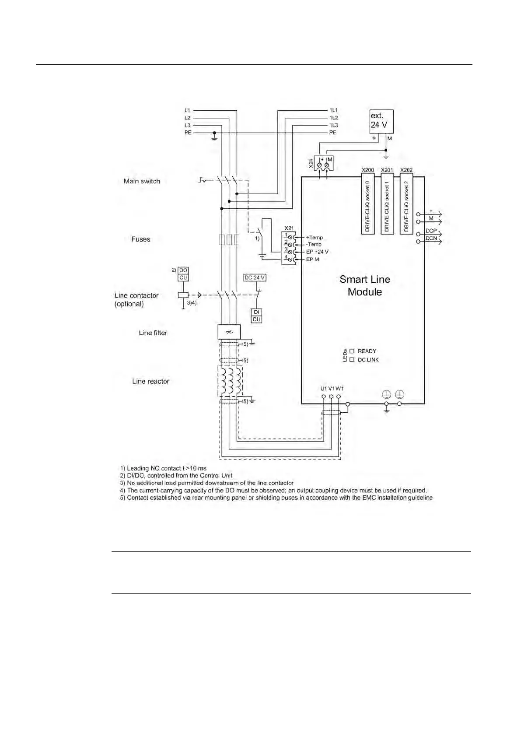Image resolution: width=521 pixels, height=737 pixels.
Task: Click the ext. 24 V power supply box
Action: click(381, 121)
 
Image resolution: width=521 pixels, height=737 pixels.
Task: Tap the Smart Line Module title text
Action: click(365, 285)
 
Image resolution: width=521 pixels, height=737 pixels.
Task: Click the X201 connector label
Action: click(387, 170)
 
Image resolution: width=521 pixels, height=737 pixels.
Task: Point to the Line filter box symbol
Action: click(229, 332)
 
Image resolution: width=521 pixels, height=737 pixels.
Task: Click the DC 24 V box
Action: click(255, 278)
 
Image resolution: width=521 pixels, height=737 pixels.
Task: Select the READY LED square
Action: click(352, 351)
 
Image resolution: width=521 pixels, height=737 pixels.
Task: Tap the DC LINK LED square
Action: click(352, 360)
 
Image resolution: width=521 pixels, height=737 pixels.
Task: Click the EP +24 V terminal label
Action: click(317, 252)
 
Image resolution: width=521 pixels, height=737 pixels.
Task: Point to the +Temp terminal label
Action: click(314, 238)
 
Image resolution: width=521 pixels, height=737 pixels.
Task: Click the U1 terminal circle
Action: click(323, 397)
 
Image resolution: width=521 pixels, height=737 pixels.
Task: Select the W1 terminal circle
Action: click(339, 397)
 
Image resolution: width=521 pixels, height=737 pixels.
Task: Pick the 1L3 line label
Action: click(333, 125)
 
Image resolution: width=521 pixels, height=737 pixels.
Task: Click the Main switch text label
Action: click(142, 181)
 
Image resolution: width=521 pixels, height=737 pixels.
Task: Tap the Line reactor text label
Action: click(150, 381)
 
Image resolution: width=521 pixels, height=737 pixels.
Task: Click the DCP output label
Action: click(431, 231)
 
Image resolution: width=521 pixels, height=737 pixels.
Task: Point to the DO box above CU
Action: click(183, 270)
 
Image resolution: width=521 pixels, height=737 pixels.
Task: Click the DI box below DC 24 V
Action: click(256, 312)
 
